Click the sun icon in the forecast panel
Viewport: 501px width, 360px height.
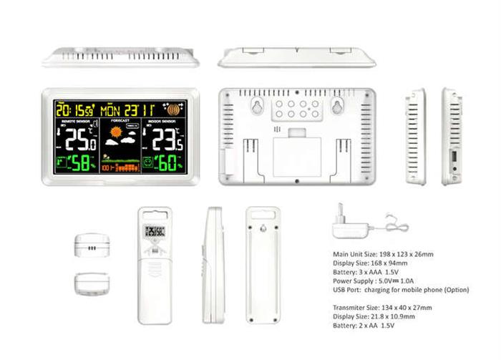click(x=116, y=132)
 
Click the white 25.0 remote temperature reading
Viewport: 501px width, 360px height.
click(x=81, y=140)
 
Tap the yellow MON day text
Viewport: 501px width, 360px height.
click(x=112, y=110)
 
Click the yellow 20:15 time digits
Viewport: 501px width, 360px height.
click(x=69, y=110)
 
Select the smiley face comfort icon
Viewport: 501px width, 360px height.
click(x=147, y=163)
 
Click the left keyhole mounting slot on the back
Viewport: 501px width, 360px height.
click(x=256, y=107)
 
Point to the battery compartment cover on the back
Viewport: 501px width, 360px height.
click(x=297, y=156)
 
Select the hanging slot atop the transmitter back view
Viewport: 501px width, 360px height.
click(x=263, y=214)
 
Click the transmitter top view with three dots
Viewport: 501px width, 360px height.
click(x=92, y=245)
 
